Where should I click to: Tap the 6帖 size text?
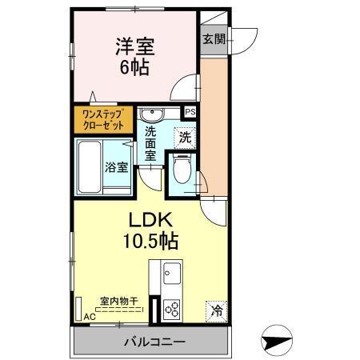coord(134,67)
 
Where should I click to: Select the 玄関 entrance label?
coord(213,38)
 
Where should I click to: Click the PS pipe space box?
coord(190,112)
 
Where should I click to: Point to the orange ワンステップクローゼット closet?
coord(105,120)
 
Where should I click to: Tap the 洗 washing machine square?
coord(185,137)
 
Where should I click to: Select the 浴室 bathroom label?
coord(117,167)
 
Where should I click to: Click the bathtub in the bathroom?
coord(94,167)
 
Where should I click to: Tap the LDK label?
coord(150,218)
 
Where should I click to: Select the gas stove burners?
coord(172,309)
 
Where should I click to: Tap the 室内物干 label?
coord(118,302)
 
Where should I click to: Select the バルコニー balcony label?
coord(154,342)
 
